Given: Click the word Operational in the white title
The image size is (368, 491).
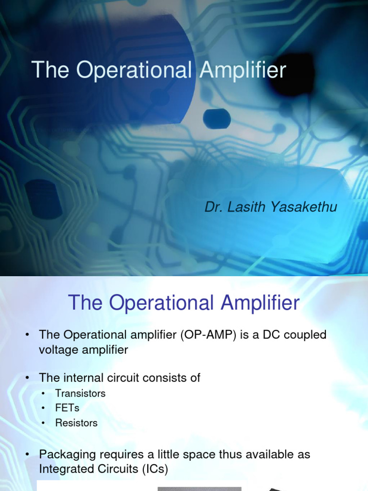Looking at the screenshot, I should click(x=134, y=70).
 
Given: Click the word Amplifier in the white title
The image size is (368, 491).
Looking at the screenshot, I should click(x=243, y=70).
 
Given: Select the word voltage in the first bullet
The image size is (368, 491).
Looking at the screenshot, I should click(x=58, y=350).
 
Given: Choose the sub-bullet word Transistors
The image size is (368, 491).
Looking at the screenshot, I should click(x=80, y=394).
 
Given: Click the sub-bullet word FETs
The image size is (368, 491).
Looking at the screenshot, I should click(x=67, y=409).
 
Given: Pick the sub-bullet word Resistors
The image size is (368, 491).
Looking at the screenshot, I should click(x=76, y=423).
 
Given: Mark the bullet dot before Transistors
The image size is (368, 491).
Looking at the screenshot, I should click(x=44, y=394).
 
